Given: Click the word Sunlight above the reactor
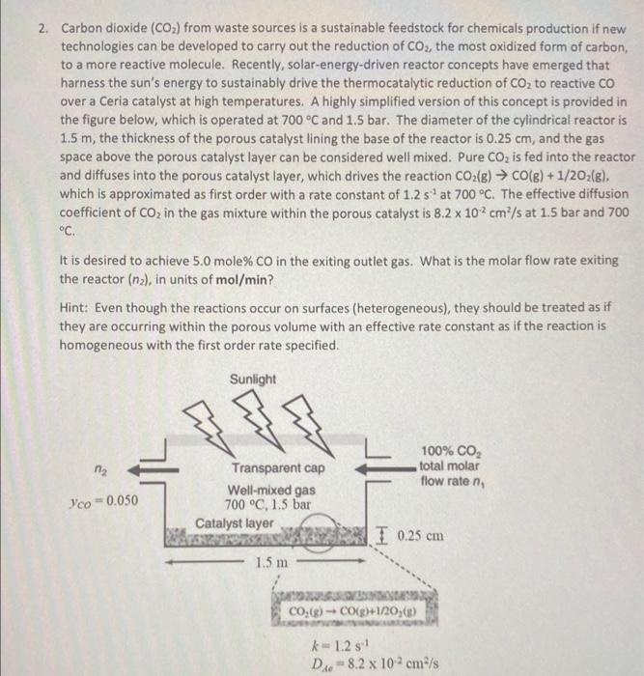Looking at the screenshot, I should tap(253, 380).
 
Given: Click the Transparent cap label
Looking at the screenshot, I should tap(278, 469).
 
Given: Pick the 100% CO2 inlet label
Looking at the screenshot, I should tap(445, 451).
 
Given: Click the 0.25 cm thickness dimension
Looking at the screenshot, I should tap(421, 535).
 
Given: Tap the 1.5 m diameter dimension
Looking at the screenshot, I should tap(271, 561).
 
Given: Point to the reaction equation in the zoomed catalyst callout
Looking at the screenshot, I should tap(359, 610).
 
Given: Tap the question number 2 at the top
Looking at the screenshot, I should tap(43, 28).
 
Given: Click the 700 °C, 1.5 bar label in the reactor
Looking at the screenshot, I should tap(267, 504).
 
